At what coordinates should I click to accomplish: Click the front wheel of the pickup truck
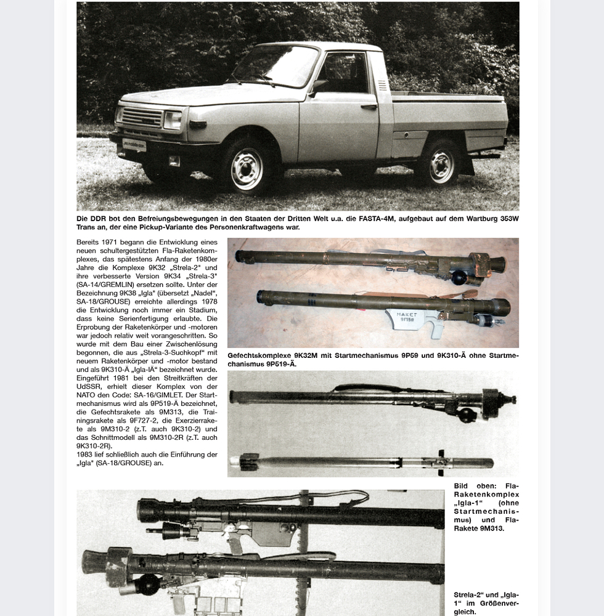point(246,168)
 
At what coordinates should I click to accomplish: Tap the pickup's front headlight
point(173,120)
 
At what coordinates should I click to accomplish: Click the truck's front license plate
point(134,145)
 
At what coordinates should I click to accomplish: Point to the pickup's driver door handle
point(369,107)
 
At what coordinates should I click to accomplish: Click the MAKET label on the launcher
point(407,315)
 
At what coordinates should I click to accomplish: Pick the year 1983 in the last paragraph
point(86,454)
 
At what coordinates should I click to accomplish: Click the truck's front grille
point(141,116)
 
